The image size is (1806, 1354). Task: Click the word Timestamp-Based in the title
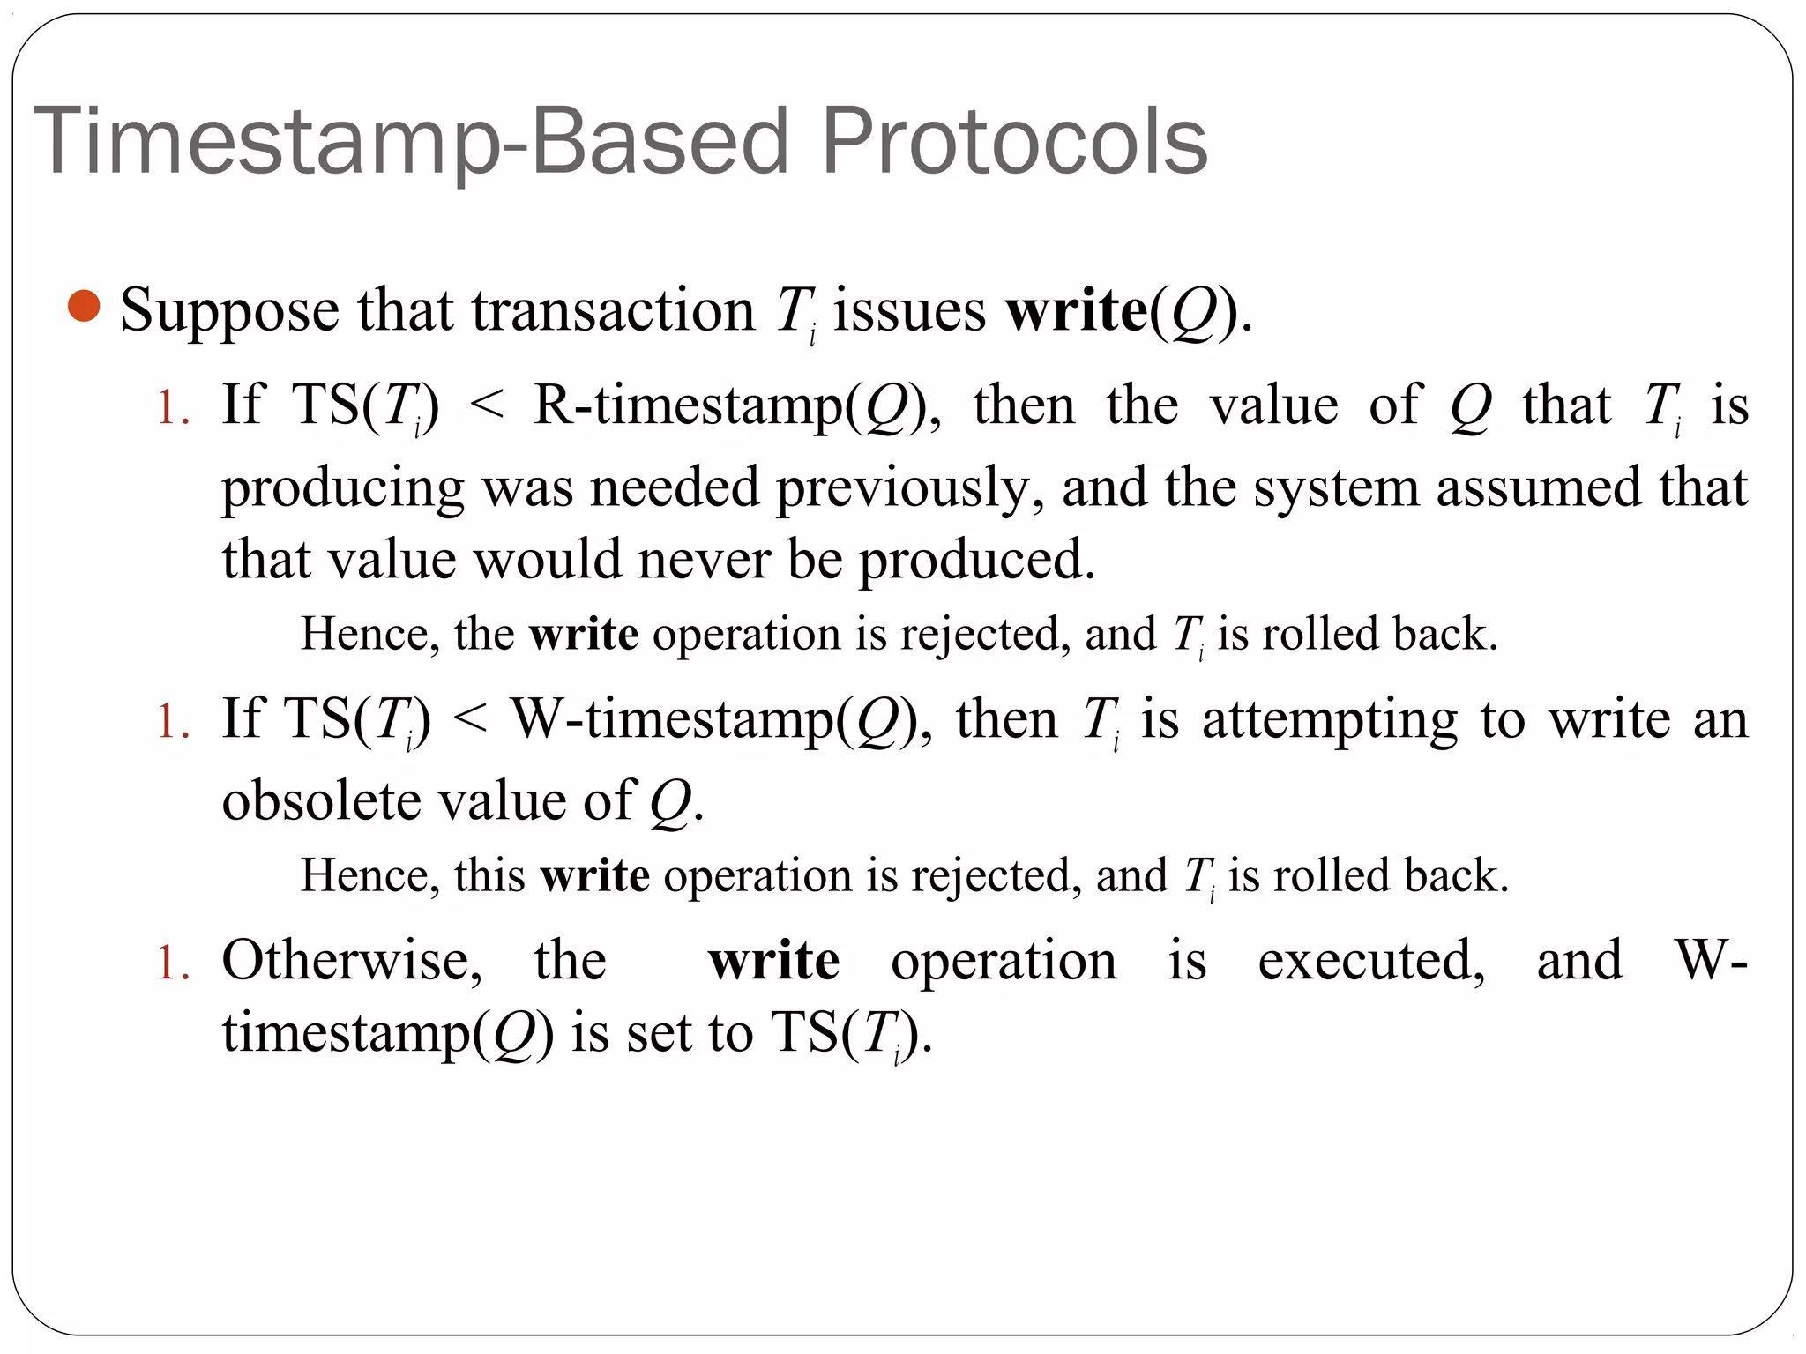410,141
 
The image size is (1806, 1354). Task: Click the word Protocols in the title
1014,141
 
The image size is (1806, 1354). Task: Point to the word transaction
613,311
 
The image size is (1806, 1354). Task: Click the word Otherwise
351,960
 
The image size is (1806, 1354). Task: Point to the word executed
1371,960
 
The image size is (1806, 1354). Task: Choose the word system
1336,487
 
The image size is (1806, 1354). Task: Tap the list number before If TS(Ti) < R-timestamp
173,408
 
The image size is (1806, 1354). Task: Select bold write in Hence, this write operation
595,875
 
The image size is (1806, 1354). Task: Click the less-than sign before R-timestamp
487,406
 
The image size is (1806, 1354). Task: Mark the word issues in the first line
908,311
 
